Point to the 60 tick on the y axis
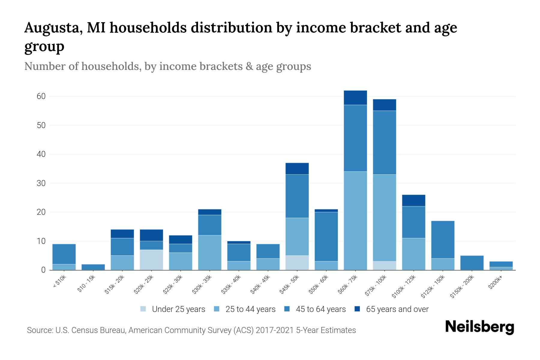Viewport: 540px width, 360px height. tap(41, 96)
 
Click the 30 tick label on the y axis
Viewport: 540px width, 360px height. tap(41, 183)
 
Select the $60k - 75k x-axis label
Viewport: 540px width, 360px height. tap(347, 284)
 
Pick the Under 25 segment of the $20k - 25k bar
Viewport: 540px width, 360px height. tap(151, 260)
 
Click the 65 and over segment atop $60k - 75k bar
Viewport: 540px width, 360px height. tap(355, 97)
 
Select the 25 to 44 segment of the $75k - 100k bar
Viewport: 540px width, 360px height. tap(384, 217)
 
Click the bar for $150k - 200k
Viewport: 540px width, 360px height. tap(472, 263)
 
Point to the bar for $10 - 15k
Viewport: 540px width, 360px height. tap(93, 267)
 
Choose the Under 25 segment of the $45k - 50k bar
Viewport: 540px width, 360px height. tap(297, 262)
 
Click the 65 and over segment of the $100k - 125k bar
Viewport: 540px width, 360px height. tap(413, 200)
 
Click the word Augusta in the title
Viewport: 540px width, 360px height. tap(53, 28)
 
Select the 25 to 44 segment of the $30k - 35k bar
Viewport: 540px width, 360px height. tap(210, 252)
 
